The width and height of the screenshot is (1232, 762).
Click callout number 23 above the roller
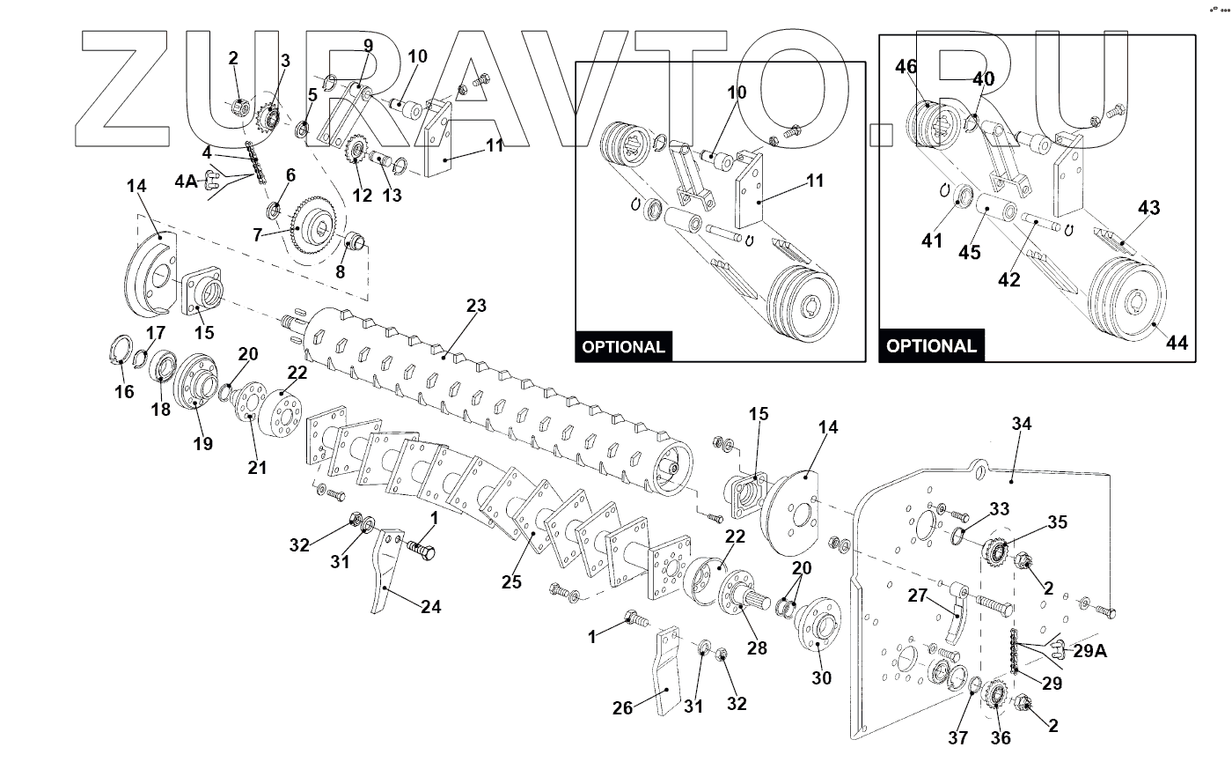click(475, 307)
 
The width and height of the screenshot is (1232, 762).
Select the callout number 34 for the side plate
click(1021, 425)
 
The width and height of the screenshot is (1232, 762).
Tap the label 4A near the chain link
click(186, 182)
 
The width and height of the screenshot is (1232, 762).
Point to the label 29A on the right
click(1089, 651)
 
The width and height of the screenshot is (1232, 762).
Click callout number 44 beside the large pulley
click(1177, 344)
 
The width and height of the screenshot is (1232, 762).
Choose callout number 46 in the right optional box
click(906, 66)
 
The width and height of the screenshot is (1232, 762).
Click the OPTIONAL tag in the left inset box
click(623, 346)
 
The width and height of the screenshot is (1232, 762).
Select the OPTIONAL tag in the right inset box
click(931, 346)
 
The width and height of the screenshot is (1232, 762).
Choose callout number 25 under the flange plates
click(511, 581)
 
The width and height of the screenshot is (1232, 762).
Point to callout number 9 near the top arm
click(368, 45)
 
